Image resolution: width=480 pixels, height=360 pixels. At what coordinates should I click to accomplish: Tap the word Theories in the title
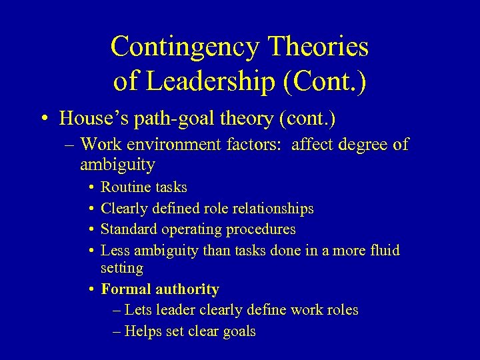[318, 47]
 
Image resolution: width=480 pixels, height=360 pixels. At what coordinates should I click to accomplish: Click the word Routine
[123, 187]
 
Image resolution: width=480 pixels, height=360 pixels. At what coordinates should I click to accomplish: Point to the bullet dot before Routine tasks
[91, 188]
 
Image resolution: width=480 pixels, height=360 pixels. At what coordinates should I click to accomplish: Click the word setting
[121, 268]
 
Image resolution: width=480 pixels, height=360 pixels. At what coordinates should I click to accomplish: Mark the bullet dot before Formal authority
[91, 290]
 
